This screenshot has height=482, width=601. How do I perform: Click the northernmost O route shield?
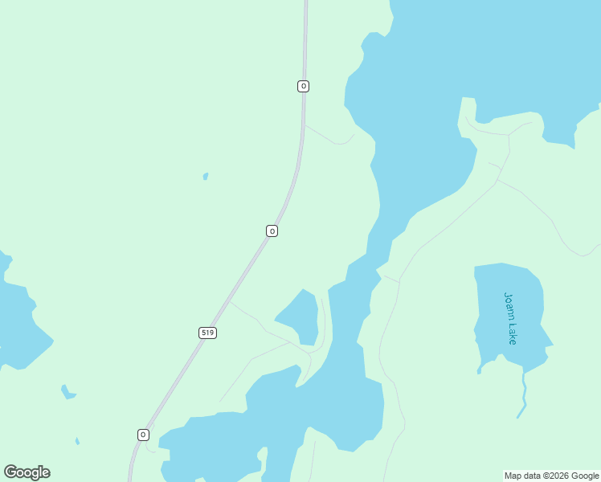[x=303, y=86]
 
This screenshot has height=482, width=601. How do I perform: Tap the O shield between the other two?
[x=272, y=231]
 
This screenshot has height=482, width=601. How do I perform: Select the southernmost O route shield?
[x=143, y=435]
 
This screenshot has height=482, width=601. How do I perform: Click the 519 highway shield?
[x=208, y=333]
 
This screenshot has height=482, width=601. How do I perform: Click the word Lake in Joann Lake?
[x=512, y=333]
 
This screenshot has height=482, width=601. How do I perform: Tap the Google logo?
[x=27, y=472]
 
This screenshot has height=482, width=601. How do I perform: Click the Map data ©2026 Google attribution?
[x=551, y=476]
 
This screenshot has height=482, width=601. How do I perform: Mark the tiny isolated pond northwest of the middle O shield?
[x=206, y=176]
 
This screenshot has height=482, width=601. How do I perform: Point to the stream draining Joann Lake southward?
[x=524, y=394]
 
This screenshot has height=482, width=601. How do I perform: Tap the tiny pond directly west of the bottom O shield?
[x=77, y=441]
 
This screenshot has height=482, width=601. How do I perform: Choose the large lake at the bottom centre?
[x=321, y=402]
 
